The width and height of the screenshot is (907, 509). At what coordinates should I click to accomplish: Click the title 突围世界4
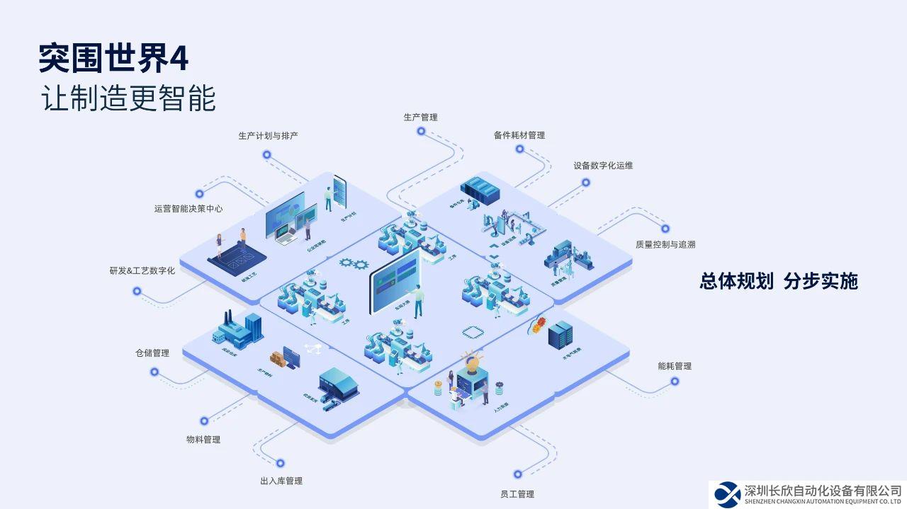pos(114,59)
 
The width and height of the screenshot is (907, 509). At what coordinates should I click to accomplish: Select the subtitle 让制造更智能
pos(128,98)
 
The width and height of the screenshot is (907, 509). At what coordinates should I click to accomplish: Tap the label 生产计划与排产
pos(268,135)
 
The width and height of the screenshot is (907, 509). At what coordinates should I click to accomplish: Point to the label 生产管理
pos(420,117)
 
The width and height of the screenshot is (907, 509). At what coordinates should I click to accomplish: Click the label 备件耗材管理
pos(519,135)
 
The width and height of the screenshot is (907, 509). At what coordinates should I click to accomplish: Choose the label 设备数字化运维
pos(603,165)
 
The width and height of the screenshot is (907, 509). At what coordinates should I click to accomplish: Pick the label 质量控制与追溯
pos(665,244)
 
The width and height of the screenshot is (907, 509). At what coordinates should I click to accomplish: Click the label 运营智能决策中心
pos(188,208)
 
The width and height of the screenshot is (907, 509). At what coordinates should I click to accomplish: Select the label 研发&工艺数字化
pos(142,270)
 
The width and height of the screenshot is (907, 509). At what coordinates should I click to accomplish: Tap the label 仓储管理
pos(152,353)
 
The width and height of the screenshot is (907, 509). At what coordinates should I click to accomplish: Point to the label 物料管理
pos(203,439)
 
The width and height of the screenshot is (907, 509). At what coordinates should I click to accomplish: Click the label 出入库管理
pos(281,481)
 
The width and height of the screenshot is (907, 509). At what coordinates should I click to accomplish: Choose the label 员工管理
pos(517,493)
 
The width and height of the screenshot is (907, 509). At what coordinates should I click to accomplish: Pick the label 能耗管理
pos(675,366)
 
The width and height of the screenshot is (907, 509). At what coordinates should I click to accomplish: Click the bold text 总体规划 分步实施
pos(779,281)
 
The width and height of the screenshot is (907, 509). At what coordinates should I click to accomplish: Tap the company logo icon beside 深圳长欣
pos(727,493)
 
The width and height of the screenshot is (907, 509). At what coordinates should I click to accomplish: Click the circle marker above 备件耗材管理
pos(519,149)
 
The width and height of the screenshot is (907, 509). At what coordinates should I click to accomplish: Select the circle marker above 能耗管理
pos(675,381)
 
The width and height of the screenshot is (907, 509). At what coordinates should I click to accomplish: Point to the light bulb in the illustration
pos(471,361)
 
